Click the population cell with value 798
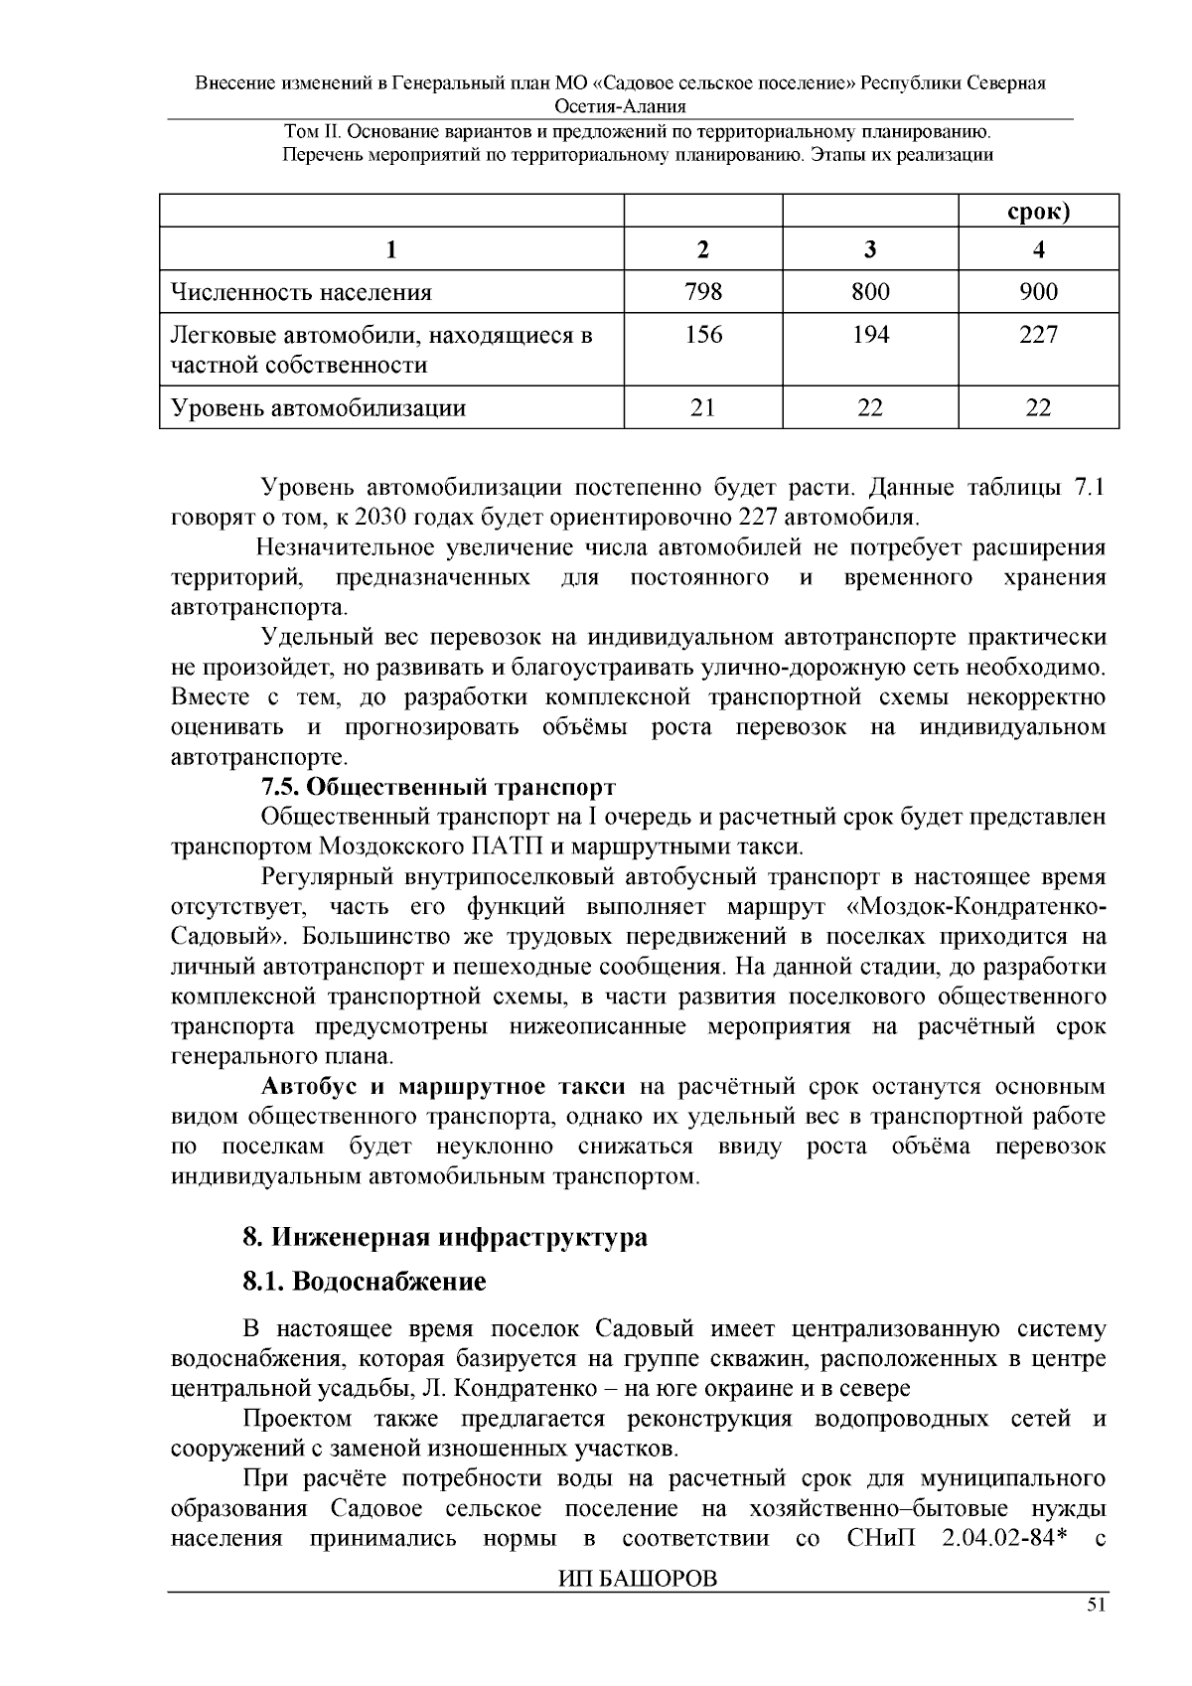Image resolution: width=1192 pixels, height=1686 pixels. [702, 292]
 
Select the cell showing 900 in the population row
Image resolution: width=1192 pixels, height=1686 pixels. [1038, 292]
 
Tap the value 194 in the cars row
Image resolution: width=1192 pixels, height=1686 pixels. [870, 335]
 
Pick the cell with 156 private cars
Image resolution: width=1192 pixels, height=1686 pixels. [702, 335]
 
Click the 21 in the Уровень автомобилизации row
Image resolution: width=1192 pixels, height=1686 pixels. [702, 407]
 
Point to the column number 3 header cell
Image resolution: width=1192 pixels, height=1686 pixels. [870, 250]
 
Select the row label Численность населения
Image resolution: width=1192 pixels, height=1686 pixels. [302, 293]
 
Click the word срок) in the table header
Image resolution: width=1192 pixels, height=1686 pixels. [1038, 213]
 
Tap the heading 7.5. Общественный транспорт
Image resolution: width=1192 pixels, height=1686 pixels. [438, 787]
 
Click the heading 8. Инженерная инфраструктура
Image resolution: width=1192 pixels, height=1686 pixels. [445, 1238]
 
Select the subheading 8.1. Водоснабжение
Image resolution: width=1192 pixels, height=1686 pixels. [365, 1282]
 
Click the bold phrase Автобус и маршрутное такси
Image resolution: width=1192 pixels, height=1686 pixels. [443, 1086]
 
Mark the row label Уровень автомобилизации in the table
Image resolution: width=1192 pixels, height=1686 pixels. [319, 408]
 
